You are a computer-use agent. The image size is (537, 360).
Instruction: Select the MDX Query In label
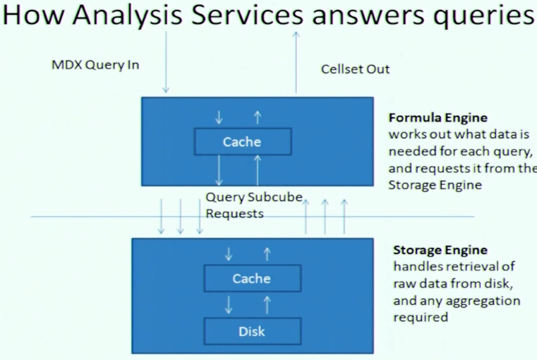pyautogui.click(x=95, y=65)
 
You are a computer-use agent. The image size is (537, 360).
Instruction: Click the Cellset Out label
pyautogui.click(x=355, y=68)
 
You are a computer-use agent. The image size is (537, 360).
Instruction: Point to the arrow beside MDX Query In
pyautogui.click(x=166, y=64)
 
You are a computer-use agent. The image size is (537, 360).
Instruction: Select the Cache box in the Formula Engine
pyautogui.click(x=242, y=142)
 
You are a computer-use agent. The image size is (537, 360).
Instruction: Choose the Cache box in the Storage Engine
pyautogui.click(x=252, y=278)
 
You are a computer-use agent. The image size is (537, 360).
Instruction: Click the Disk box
pyautogui.click(x=252, y=330)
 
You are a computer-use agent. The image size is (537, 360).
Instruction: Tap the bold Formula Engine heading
pyautogui.click(x=438, y=117)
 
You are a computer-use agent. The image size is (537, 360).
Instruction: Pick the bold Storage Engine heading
pyautogui.click(x=440, y=251)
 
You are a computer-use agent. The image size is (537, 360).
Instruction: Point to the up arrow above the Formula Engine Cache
pyautogui.click(x=258, y=116)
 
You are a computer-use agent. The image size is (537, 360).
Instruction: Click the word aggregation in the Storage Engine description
pyautogui.click(x=486, y=301)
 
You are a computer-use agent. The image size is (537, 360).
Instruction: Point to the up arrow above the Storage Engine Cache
pyautogui.click(x=267, y=253)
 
